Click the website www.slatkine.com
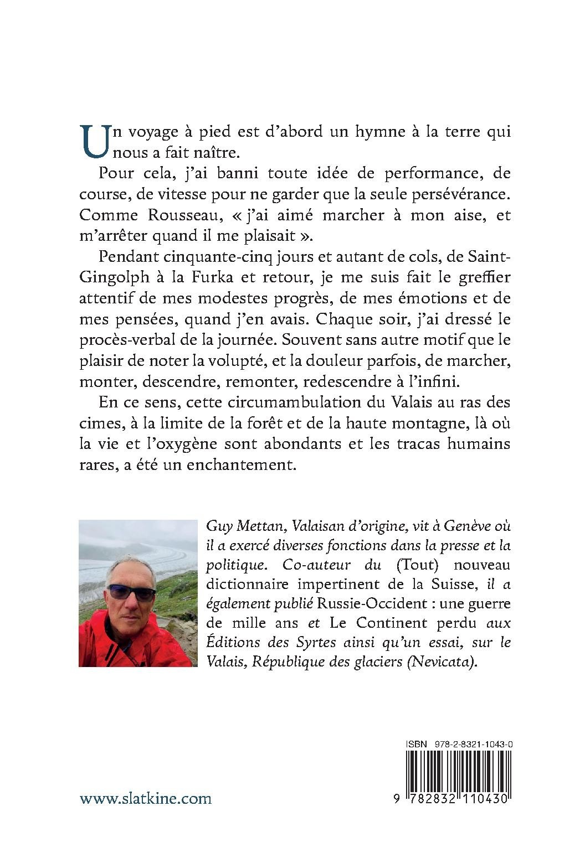point(146,798)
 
